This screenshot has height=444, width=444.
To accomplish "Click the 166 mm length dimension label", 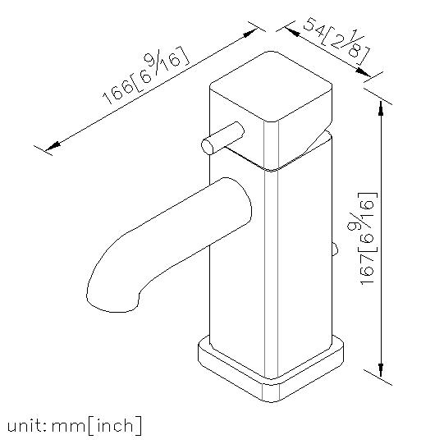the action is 145,76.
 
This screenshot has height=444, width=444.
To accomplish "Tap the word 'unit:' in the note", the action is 26,425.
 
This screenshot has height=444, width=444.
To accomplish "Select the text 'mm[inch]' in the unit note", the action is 96,425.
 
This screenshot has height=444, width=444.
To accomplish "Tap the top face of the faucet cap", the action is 271,86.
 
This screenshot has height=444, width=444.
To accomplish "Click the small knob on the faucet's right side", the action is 335,249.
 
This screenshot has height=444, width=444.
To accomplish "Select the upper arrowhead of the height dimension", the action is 381,108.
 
